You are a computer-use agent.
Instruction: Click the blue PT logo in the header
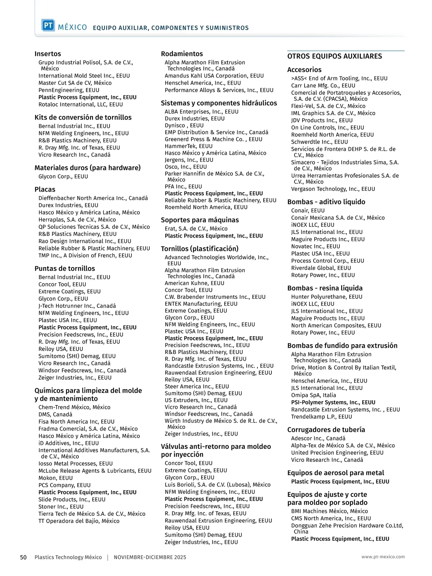[x=48, y=26]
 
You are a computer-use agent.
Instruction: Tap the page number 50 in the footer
[x=23, y=557]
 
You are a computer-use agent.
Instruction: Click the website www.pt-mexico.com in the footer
[x=383, y=557]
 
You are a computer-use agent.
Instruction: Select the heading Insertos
[x=48, y=54]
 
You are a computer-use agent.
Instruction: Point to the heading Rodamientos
[x=182, y=54]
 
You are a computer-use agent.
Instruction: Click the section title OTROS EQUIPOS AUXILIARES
[x=334, y=56]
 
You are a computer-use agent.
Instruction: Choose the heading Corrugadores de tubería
[x=326, y=430]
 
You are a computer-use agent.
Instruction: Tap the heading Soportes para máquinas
[x=200, y=220]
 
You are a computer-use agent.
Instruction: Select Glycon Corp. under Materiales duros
[x=63, y=177]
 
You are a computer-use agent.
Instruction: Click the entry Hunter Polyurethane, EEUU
[x=327, y=297]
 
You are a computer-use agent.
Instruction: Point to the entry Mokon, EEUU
[x=55, y=478]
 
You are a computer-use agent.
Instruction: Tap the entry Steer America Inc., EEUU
[x=197, y=387]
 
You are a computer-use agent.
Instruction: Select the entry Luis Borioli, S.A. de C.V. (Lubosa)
[x=217, y=485]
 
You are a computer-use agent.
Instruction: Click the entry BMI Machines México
[x=329, y=511]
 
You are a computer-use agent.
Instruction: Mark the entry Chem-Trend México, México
[x=74, y=408]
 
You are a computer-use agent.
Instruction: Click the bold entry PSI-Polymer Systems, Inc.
[x=333, y=402]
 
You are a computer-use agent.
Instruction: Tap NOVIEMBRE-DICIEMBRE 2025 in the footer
[x=150, y=557]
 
